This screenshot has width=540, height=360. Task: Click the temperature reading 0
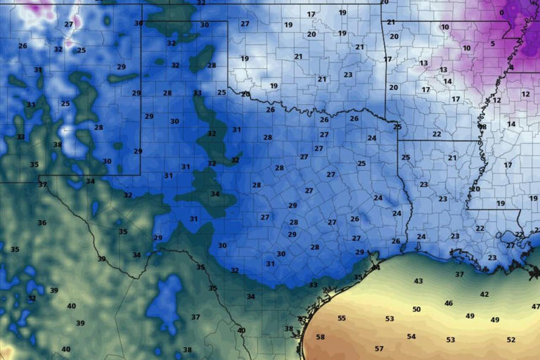click(501, 13)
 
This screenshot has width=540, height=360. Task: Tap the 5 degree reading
click(493, 44)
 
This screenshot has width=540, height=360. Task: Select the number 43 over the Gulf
click(418, 281)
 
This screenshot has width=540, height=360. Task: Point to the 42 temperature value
click(484, 295)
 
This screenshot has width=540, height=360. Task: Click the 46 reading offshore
click(449, 304)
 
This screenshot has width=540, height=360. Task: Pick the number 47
click(535, 307)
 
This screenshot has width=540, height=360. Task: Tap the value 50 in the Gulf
click(416, 309)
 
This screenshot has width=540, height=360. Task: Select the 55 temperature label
click(342, 319)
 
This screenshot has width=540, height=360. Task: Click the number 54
click(411, 337)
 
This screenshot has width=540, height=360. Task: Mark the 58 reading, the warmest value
click(321, 337)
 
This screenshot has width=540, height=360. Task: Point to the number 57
click(379, 349)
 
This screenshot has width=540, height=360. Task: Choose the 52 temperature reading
click(511, 340)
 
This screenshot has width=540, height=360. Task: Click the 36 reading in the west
click(42, 223)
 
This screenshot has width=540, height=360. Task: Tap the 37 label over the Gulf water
click(459, 275)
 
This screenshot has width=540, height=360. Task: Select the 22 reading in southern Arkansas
click(437, 134)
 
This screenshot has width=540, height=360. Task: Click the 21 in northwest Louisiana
click(452, 158)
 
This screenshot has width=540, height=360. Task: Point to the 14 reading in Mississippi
click(511, 124)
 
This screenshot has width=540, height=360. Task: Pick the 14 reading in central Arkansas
click(447, 82)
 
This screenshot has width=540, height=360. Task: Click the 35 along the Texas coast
click(358, 278)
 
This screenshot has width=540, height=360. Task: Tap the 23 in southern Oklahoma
click(348, 75)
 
